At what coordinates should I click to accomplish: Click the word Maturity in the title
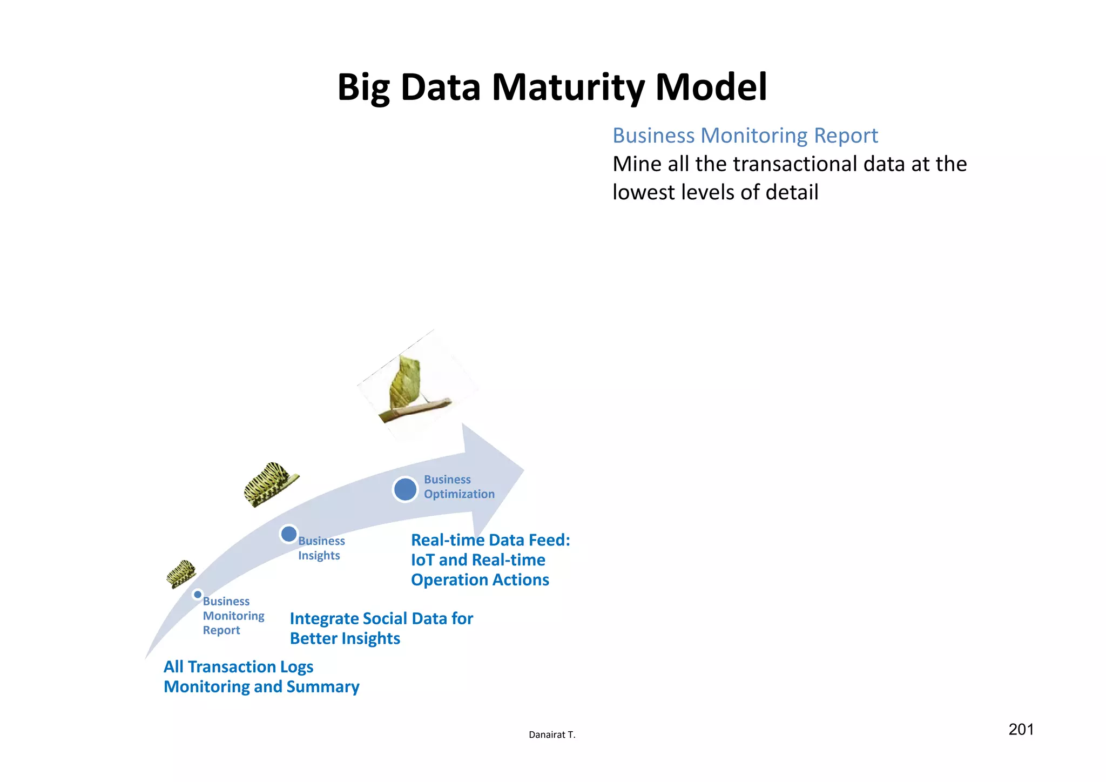point(568,87)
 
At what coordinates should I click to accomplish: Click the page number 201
point(1021,730)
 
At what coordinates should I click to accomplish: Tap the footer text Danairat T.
point(552,734)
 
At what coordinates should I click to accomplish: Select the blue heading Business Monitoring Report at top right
point(745,136)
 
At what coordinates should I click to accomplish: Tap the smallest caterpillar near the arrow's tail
point(180,573)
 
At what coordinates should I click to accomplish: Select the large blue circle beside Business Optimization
point(405,489)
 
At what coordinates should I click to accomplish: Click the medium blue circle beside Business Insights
point(289,534)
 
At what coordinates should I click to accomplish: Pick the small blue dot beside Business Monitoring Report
point(198,595)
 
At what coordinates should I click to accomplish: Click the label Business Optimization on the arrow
point(458,487)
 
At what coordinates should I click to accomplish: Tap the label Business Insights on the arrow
point(321,548)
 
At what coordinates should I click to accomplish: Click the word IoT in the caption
point(423,560)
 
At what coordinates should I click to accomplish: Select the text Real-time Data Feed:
point(490,540)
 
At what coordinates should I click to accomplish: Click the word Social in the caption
point(385,618)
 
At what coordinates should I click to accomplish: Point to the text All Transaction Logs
point(238,667)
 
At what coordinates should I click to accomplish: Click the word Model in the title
point(711,87)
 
